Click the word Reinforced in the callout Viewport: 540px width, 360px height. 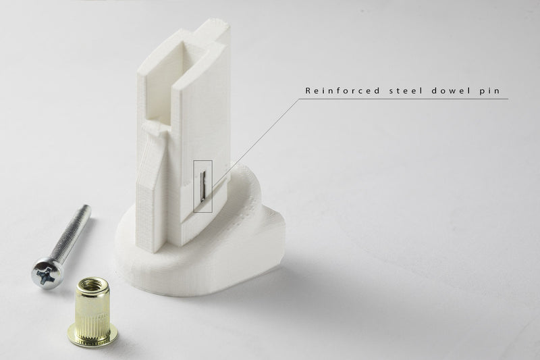[x=342, y=91]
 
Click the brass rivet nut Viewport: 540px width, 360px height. [x=92, y=312]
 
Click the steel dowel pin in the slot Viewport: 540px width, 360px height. [x=203, y=186]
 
